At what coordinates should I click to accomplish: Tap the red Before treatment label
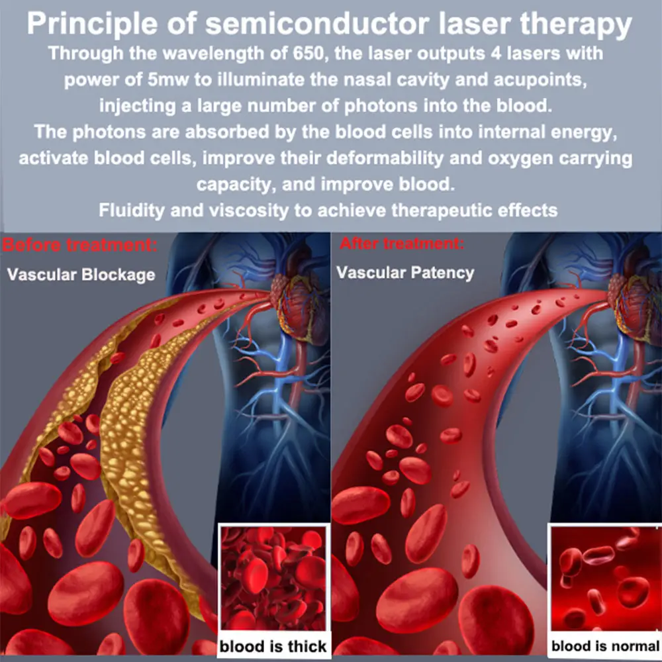79,246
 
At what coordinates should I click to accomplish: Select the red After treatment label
402,244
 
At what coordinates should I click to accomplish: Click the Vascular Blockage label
81,273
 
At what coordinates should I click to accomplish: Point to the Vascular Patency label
405,272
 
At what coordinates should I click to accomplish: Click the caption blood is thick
273,646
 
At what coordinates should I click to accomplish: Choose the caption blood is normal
605,646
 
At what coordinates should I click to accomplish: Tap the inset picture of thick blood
273,579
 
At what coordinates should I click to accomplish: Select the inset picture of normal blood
605,579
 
